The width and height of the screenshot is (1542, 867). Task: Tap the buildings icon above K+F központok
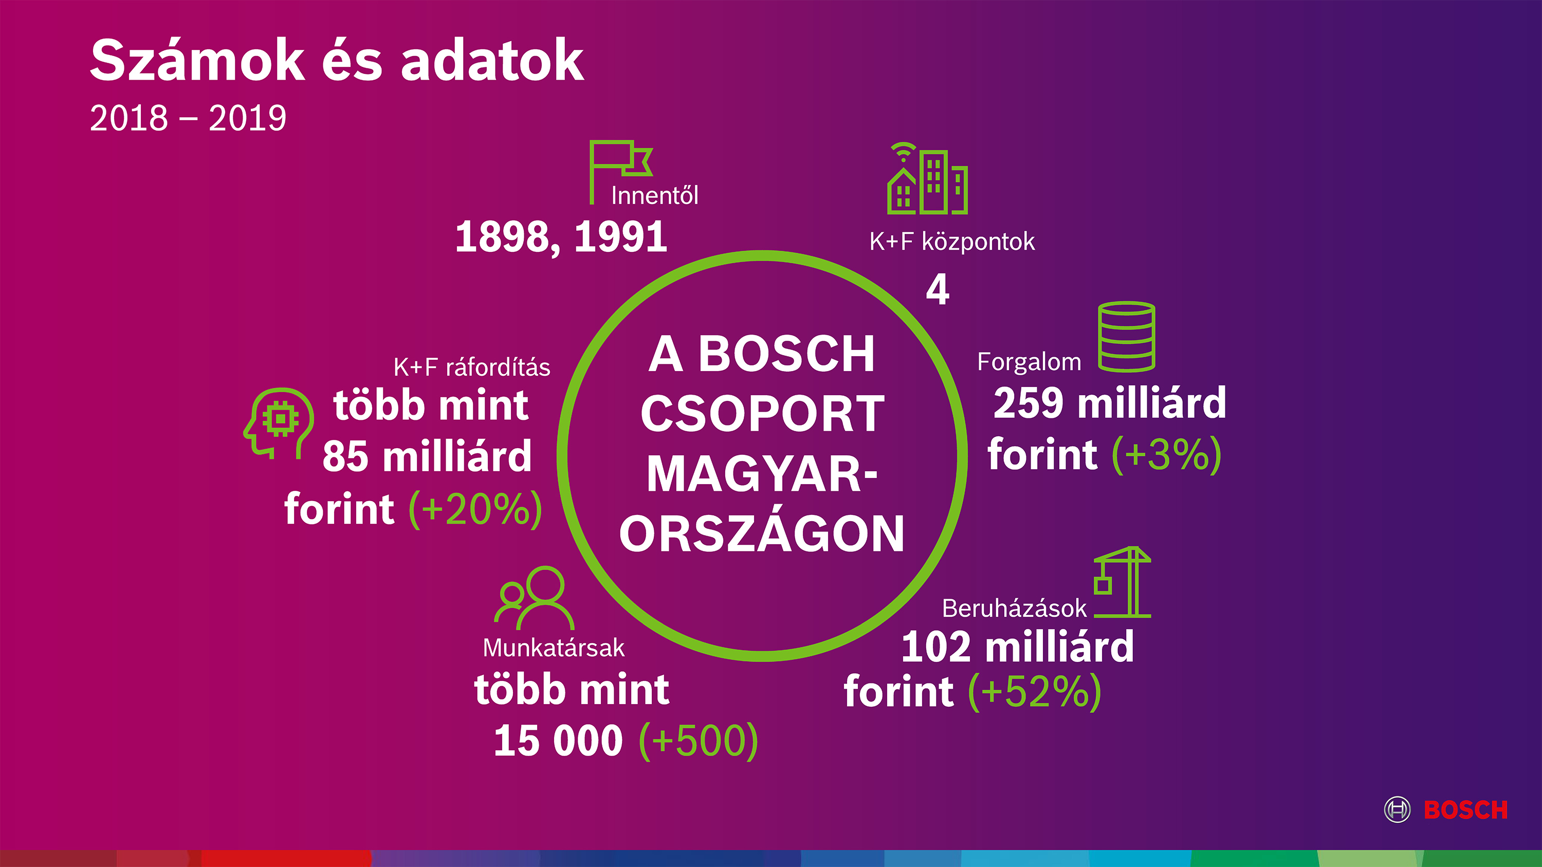(x=927, y=178)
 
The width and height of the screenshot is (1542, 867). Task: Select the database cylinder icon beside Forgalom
(x=1127, y=337)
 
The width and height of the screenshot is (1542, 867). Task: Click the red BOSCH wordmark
(x=1465, y=809)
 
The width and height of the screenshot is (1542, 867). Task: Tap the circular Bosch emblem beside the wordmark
(x=1397, y=809)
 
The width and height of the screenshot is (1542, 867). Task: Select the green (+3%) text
(x=1166, y=455)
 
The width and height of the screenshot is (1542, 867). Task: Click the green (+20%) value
(x=476, y=509)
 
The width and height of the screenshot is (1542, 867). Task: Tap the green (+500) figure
(x=699, y=741)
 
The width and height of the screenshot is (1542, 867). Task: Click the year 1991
(x=621, y=236)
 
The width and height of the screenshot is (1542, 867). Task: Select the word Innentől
(x=654, y=196)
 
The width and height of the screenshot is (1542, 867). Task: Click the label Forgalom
(x=1029, y=362)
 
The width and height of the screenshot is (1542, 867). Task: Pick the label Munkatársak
(x=554, y=648)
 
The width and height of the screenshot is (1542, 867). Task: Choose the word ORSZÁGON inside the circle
(x=762, y=534)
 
